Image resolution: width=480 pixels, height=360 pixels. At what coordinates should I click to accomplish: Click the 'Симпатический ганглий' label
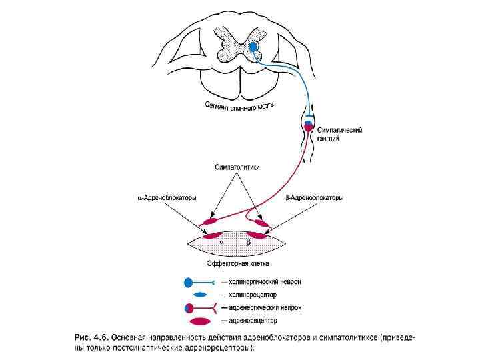click(340, 135)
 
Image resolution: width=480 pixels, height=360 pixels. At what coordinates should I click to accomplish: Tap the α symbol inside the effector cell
click(222, 243)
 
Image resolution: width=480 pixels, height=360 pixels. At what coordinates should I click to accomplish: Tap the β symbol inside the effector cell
click(249, 243)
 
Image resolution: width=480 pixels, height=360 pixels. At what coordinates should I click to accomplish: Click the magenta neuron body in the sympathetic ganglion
click(308, 127)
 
